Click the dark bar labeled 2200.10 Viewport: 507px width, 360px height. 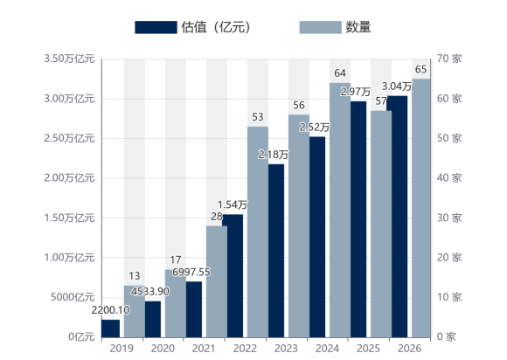tap(111, 329)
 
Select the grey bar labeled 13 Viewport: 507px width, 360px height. tap(135, 312)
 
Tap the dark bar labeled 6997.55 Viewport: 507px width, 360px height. tap(194, 309)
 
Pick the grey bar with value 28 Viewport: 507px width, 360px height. tap(217, 281)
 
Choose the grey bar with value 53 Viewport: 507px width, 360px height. tap(258, 232)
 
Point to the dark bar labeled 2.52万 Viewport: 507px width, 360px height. tap(317, 237)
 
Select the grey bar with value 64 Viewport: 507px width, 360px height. tap(340, 210)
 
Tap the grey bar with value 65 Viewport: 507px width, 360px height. tap(421, 208)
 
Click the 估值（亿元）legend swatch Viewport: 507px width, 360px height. tap(156, 27)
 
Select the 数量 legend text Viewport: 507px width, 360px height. tap(358, 27)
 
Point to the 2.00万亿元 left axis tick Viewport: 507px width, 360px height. tap(69, 178)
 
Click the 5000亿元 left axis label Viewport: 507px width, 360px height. tap(73, 297)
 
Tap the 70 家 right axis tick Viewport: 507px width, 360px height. tap(449, 59)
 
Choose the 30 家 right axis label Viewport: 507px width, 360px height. tap(449, 218)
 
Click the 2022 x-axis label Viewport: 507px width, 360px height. tap(245, 349)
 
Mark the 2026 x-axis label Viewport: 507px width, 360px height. tap(409, 349)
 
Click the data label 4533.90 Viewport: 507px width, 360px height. tap(150, 292)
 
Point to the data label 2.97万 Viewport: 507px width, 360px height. tap(356, 92)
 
